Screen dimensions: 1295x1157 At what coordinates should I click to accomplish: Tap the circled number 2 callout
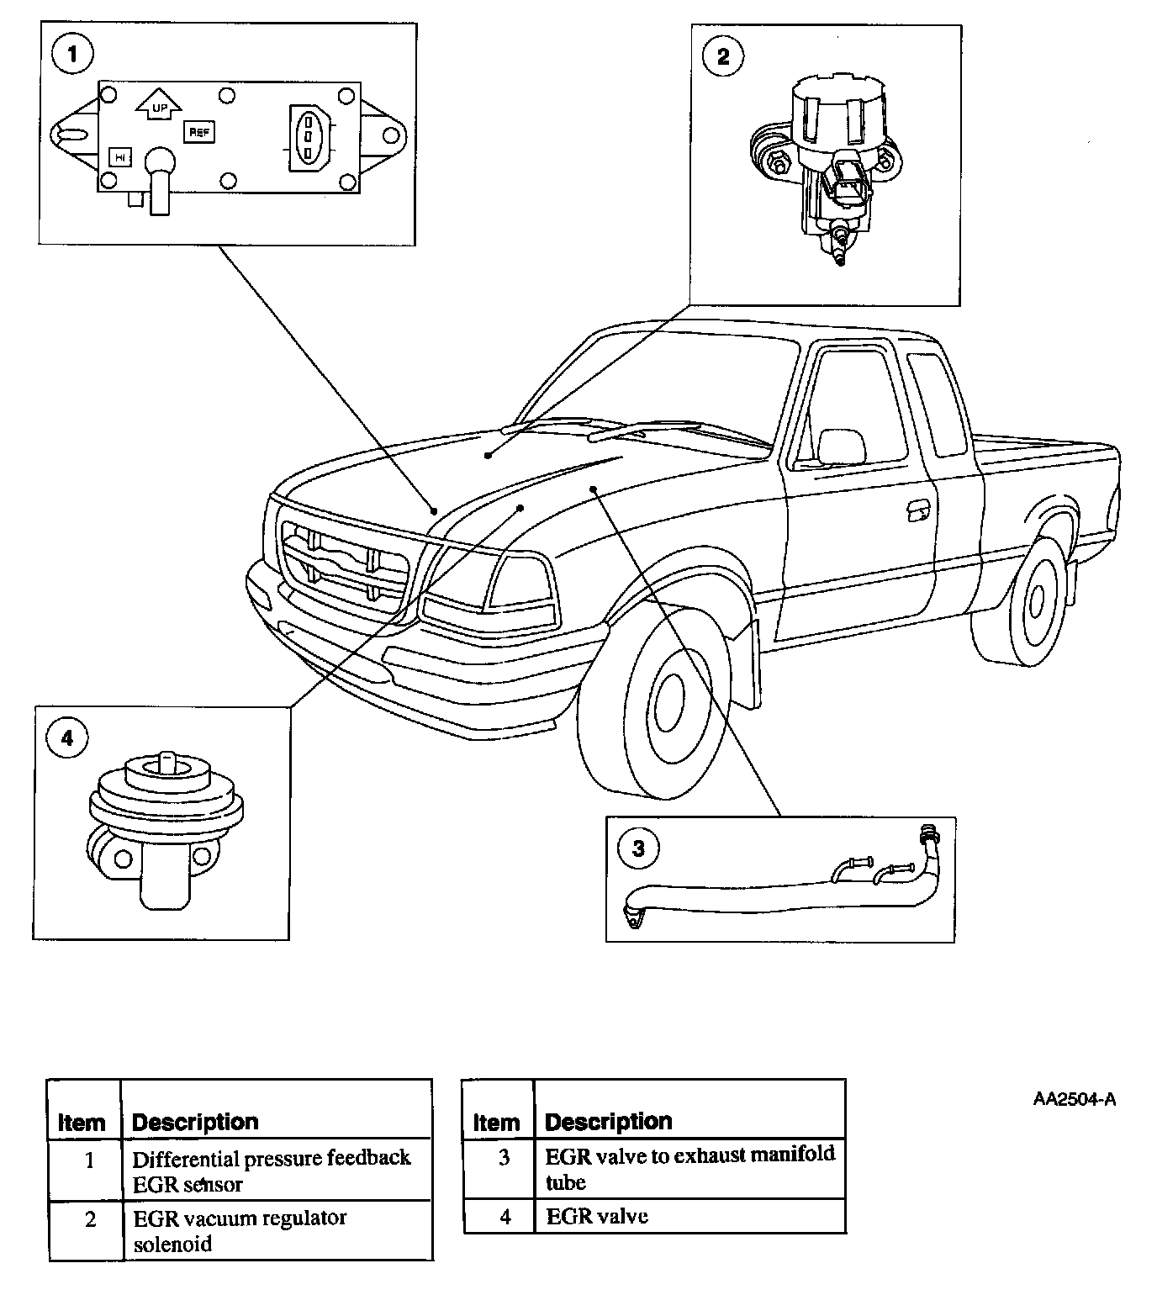(x=722, y=56)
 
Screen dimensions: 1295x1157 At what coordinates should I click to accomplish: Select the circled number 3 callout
(x=638, y=848)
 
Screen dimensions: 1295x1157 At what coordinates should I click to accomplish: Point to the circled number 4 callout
(x=67, y=738)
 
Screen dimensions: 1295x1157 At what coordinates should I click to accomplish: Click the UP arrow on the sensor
(x=156, y=103)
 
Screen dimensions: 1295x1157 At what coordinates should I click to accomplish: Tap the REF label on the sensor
(x=199, y=133)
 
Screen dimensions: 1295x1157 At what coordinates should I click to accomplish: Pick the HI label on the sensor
(x=120, y=157)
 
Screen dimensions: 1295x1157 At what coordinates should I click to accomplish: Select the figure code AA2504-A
(x=1075, y=1099)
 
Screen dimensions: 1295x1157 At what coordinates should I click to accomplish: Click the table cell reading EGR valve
(x=597, y=1216)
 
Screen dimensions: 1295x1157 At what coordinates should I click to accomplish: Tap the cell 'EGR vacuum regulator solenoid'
(x=240, y=1230)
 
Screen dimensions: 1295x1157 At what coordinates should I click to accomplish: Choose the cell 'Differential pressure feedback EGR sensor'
(x=271, y=1171)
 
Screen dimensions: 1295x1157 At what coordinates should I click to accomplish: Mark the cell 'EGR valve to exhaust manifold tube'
(x=689, y=1168)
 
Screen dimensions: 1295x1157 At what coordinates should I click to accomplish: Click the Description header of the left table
(x=195, y=1122)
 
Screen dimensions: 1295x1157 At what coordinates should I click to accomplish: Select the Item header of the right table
(x=496, y=1122)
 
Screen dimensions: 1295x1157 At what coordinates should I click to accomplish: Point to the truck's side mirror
(x=843, y=447)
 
